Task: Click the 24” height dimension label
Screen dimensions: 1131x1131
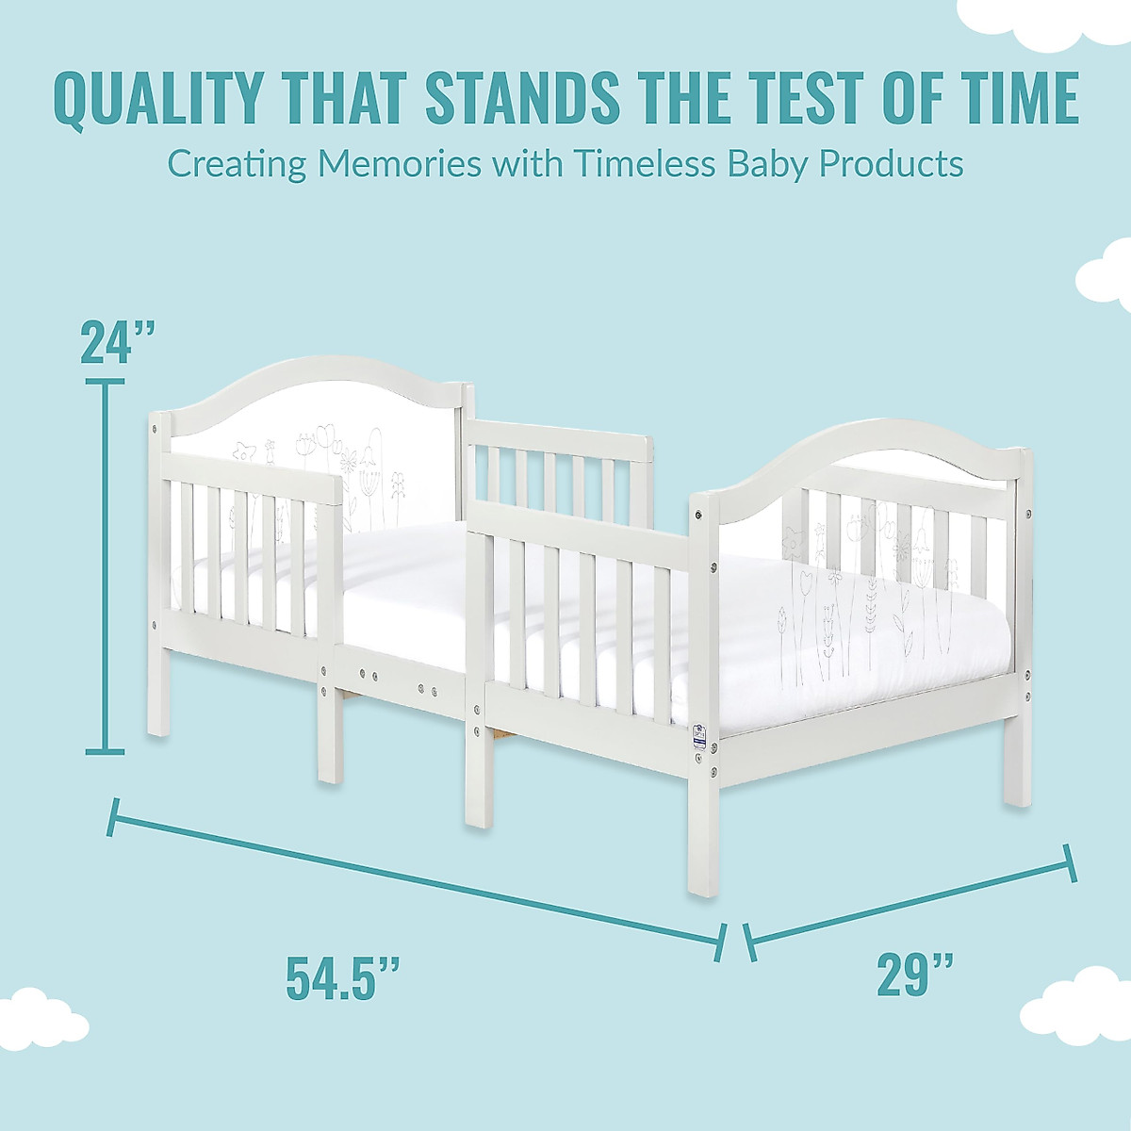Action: [x=118, y=342]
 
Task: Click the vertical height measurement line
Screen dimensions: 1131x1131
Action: [x=105, y=565]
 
